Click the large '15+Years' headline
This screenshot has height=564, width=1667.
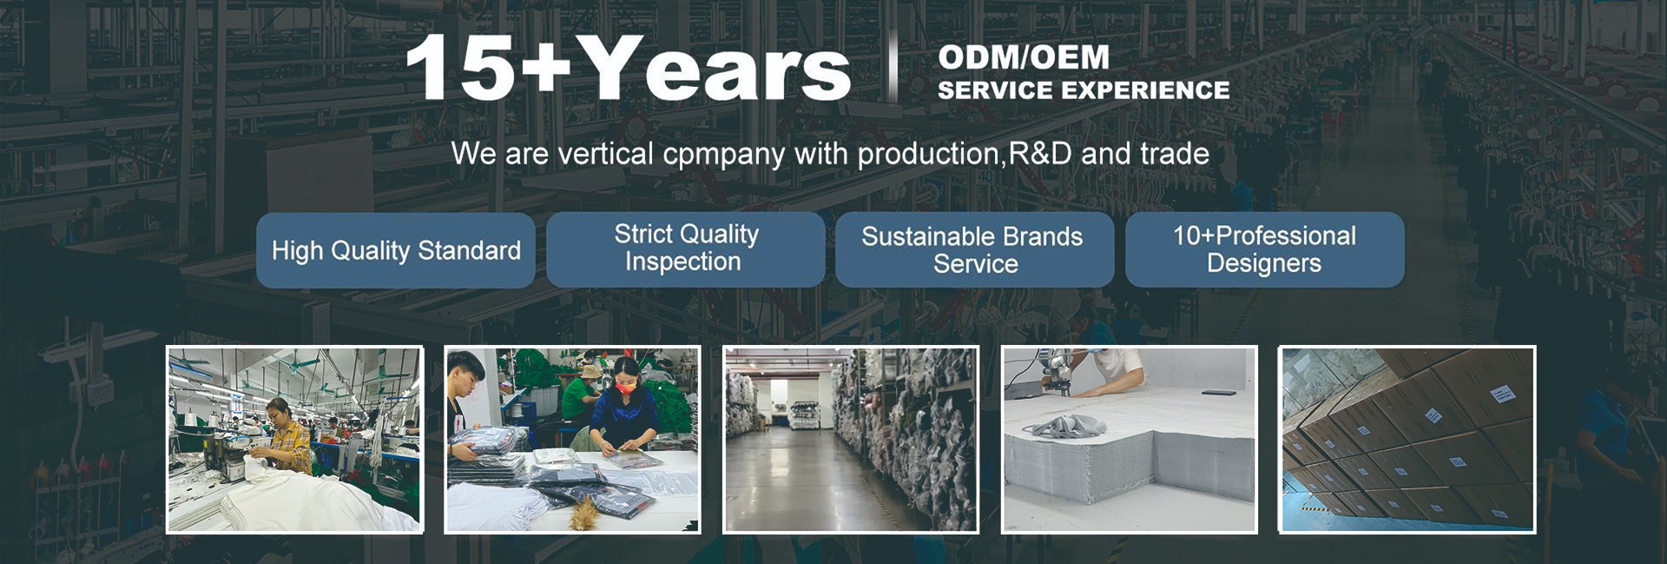click(627, 69)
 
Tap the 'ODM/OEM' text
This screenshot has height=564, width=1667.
click(1024, 57)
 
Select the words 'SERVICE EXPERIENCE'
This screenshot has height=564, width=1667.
click(1084, 90)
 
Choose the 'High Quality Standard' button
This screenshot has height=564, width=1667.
click(396, 250)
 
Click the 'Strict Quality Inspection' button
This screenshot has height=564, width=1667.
click(686, 249)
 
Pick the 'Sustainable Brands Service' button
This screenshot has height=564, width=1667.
click(974, 249)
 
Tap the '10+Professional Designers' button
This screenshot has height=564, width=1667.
click(1264, 249)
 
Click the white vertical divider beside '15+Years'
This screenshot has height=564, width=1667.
click(893, 69)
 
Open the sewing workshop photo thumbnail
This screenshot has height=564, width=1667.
click(294, 440)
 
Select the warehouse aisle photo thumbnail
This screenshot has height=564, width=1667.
click(851, 440)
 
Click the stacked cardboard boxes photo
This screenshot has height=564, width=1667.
click(1407, 440)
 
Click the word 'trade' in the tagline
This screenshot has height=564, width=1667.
click(1175, 154)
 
